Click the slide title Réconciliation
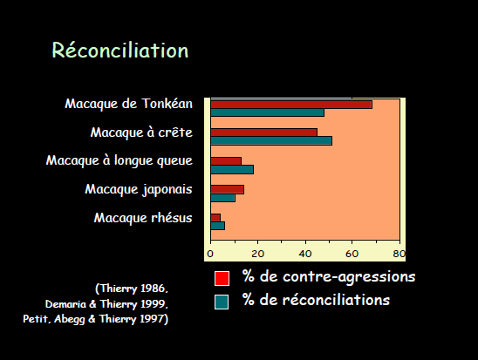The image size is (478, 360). (120, 50)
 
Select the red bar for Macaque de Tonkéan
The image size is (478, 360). (291, 105)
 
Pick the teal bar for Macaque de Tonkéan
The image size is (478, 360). (268, 112)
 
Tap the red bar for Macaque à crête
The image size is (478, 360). (264, 132)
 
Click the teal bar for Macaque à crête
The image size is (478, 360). (271, 140)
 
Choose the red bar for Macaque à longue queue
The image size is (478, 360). (226, 161)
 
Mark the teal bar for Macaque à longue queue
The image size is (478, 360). (232, 170)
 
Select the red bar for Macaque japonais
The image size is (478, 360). (227, 189)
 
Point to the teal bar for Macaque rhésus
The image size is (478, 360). (218, 226)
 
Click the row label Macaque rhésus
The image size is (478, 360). (143, 218)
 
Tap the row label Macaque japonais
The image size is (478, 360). (139, 189)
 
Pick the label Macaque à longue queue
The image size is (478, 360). (119, 160)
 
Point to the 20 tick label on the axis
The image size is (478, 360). (257, 254)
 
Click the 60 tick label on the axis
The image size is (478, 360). (352, 254)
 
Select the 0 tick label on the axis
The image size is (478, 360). (210, 254)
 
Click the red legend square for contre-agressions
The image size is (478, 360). (222, 278)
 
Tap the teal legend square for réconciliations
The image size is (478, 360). (222, 302)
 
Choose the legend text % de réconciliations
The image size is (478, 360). (316, 300)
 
